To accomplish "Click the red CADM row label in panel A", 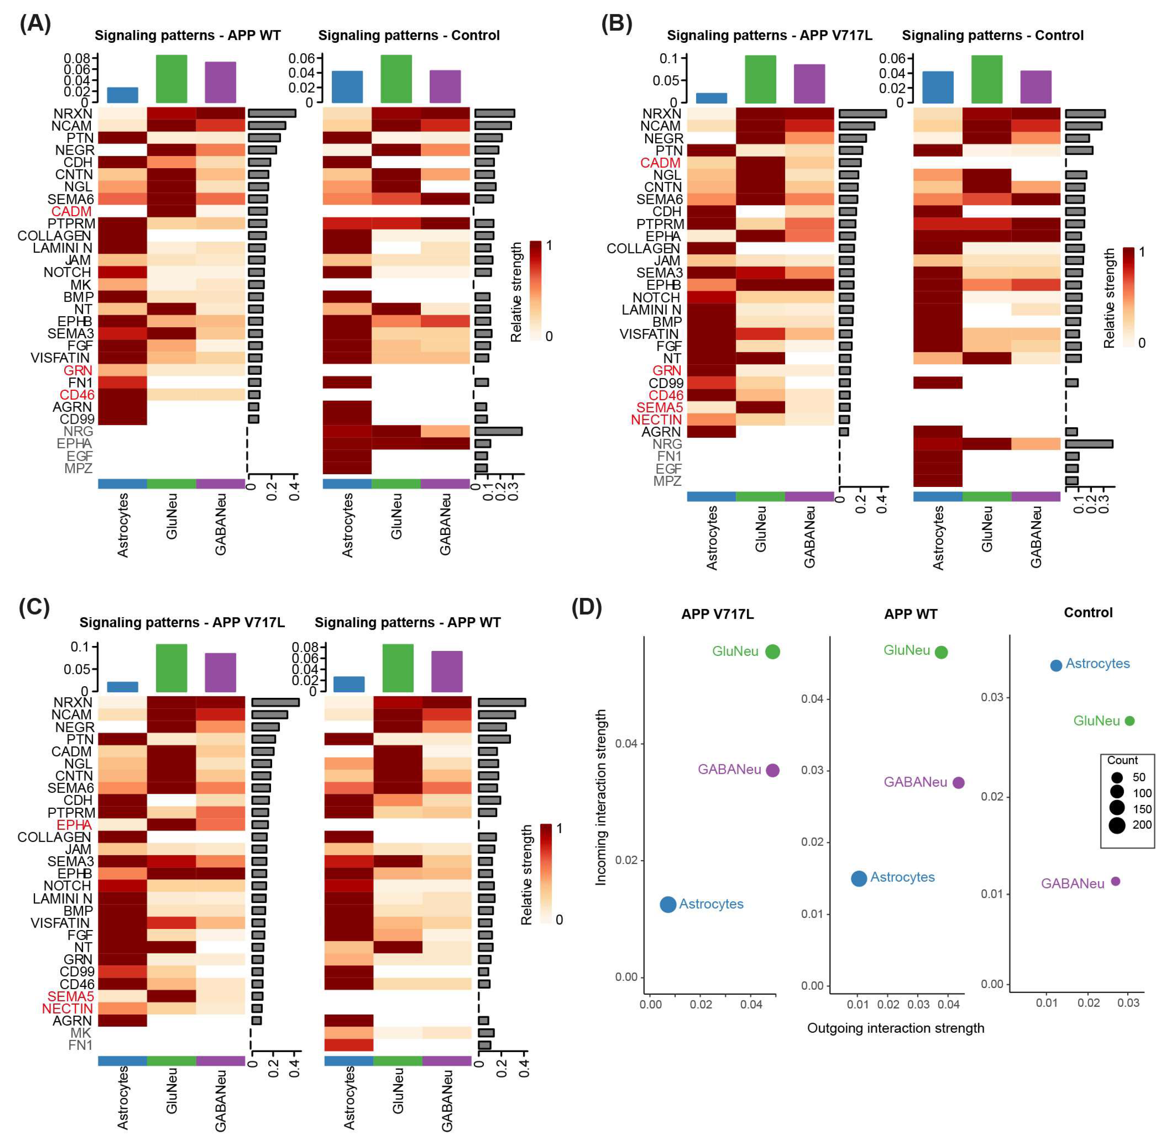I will coord(72,211).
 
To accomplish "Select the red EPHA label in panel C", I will coord(75,825).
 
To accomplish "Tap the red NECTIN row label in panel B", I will coord(657,420).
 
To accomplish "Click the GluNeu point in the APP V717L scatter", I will coord(772,651).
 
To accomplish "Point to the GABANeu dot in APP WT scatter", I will coord(959,783).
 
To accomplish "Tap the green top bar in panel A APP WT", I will coord(171,79).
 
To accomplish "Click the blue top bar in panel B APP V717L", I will coord(712,98).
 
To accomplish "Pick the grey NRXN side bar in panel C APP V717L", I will coord(275,702).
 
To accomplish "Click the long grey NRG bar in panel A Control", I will coord(498,431).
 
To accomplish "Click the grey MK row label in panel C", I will coord(81,1033).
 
